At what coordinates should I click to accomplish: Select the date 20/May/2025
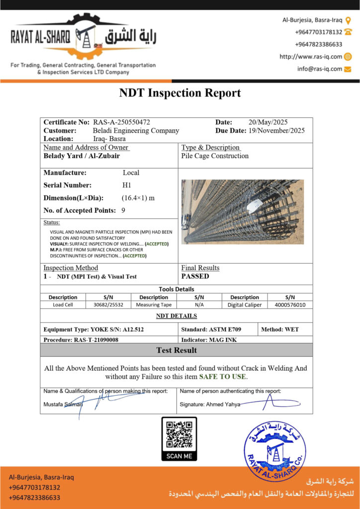268,122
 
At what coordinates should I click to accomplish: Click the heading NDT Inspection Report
180,93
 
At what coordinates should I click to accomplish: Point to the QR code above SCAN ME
179,434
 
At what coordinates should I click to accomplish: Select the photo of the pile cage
242,211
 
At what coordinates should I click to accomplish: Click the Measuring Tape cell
154,305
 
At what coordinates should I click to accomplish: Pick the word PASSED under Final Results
195,276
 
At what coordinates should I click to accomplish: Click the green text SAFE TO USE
222,377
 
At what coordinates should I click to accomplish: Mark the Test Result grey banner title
177,350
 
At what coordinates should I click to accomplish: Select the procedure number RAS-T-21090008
96,340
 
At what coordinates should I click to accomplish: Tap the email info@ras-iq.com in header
320,69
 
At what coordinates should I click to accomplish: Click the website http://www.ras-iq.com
311,57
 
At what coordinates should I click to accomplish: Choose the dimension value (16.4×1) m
138,198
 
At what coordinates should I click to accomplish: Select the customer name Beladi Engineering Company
136,131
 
